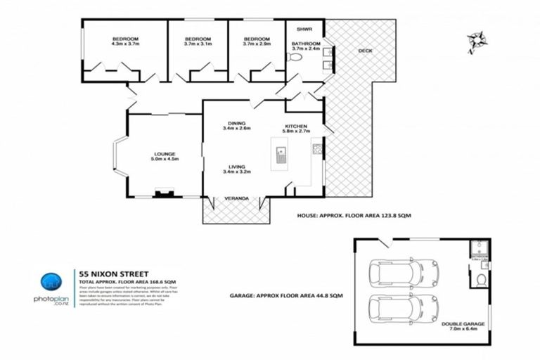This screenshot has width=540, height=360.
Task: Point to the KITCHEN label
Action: (x=296, y=126)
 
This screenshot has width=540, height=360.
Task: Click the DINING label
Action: (x=236, y=122)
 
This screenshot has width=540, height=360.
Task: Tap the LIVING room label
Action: (x=236, y=166)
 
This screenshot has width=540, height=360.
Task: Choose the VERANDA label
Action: (x=236, y=200)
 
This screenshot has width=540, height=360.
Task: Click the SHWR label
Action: (x=304, y=30)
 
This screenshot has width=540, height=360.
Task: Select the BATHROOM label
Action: (x=305, y=44)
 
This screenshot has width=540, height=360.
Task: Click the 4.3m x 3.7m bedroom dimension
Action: (x=125, y=44)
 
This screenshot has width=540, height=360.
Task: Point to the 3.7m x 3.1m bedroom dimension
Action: (x=198, y=44)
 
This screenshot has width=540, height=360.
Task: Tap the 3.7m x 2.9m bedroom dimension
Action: (x=257, y=44)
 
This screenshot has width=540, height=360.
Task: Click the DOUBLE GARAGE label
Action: (x=462, y=324)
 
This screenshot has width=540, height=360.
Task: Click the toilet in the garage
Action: (x=480, y=281)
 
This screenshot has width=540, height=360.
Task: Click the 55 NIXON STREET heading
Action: (x=109, y=274)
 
